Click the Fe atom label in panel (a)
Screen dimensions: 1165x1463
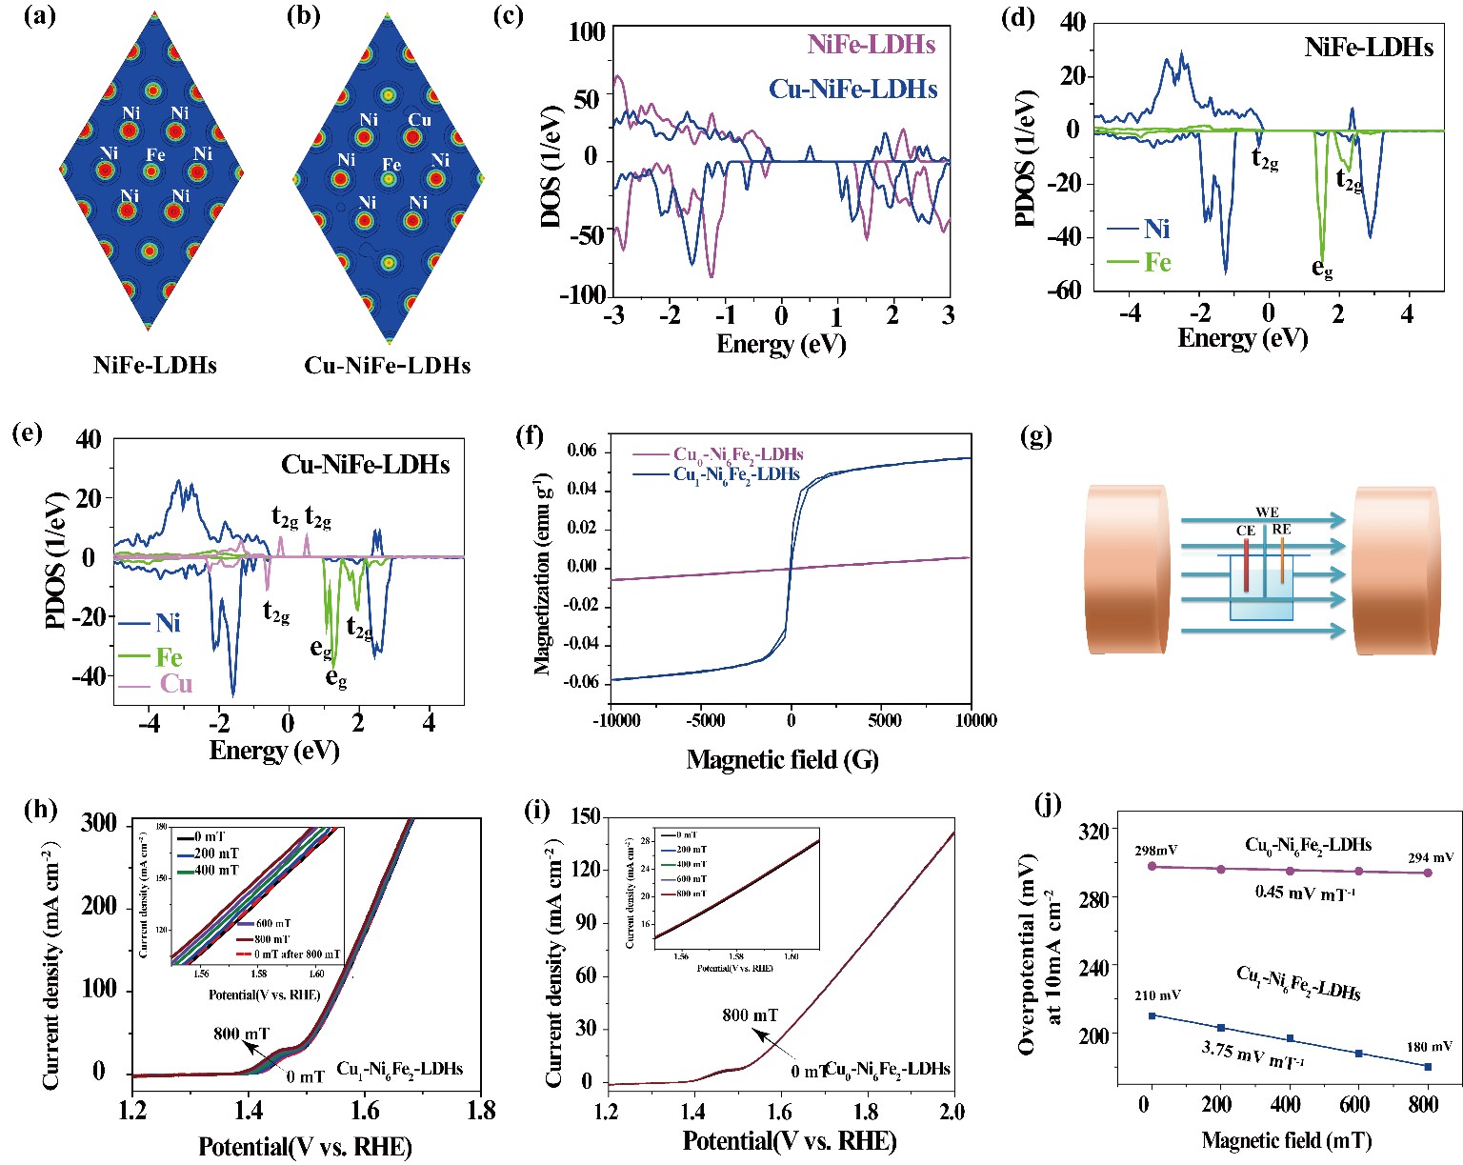click(155, 153)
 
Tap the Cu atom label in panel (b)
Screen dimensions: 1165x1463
click(420, 120)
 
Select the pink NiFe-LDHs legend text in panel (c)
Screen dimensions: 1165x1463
click(871, 45)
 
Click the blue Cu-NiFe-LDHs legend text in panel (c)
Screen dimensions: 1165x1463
click(853, 90)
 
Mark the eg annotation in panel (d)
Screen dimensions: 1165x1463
click(1322, 269)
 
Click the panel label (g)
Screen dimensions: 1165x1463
click(1035, 437)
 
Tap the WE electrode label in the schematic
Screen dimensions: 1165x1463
click(1267, 512)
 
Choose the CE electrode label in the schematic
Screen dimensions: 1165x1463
click(1245, 531)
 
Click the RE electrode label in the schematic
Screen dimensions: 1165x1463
click(1282, 530)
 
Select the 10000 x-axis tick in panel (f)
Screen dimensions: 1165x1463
click(972, 721)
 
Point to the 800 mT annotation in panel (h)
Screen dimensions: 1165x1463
click(241, 1034)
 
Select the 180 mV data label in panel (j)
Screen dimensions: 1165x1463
click(1430, 1047)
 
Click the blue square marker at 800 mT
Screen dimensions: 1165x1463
click(1428, 1067)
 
